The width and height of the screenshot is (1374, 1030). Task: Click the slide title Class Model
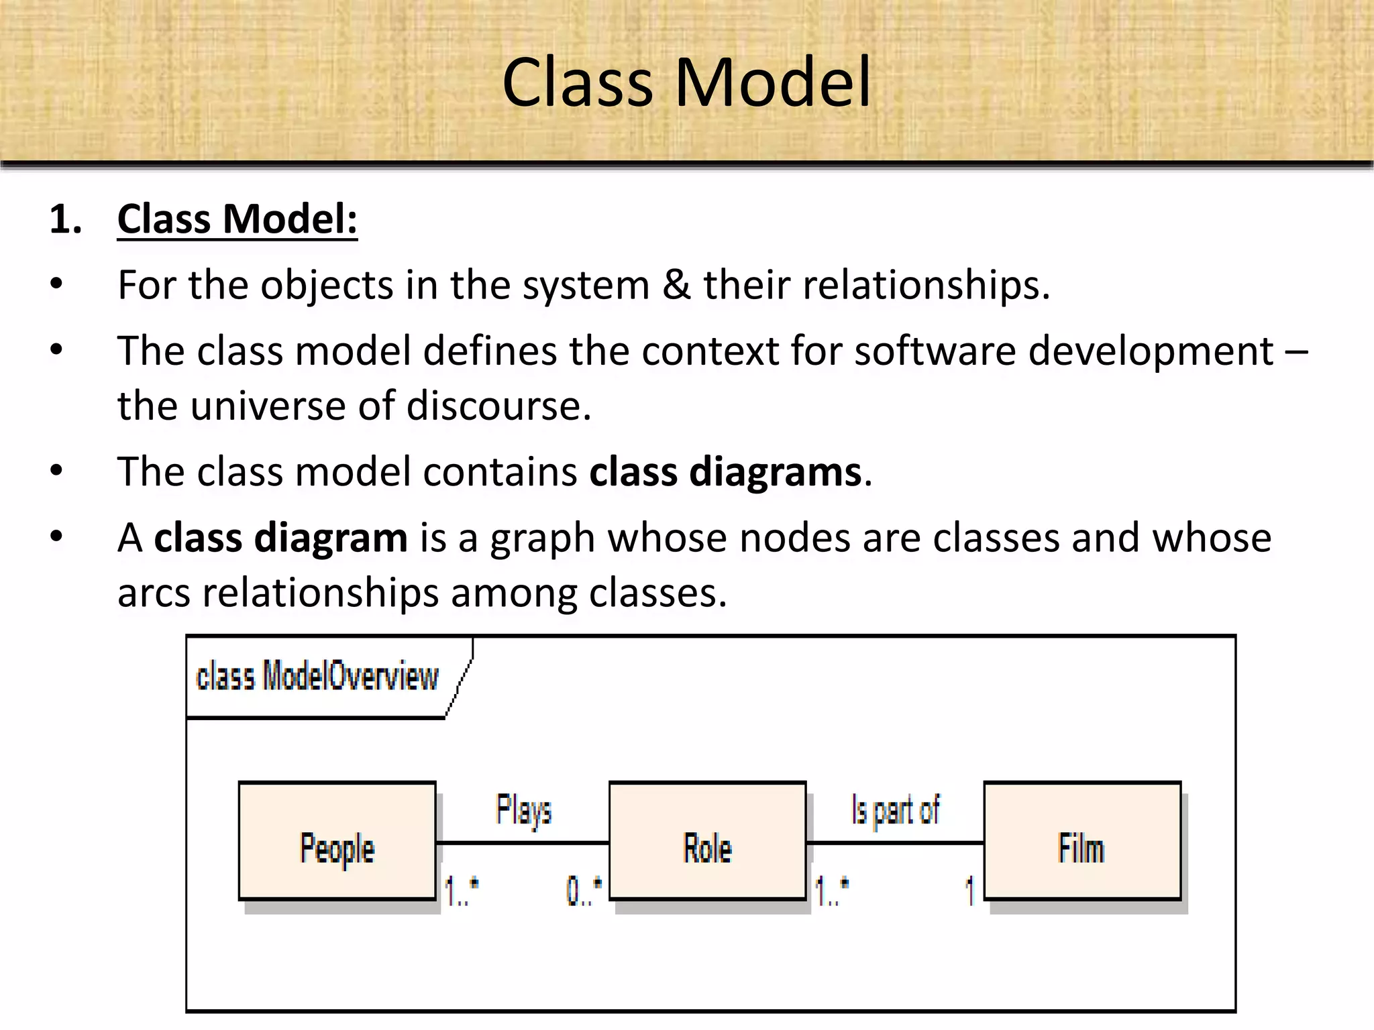tap(686, 82)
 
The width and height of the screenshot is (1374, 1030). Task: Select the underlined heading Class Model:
tap(237, 219)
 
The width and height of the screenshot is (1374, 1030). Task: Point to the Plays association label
tap(523, 809)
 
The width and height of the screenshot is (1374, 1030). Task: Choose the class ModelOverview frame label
tap(317, 676)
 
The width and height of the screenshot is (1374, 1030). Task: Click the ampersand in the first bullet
tap(676, 285)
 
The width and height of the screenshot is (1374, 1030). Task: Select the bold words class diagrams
tap(725, 472)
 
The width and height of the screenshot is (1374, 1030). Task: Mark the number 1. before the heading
tap(65, 220)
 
